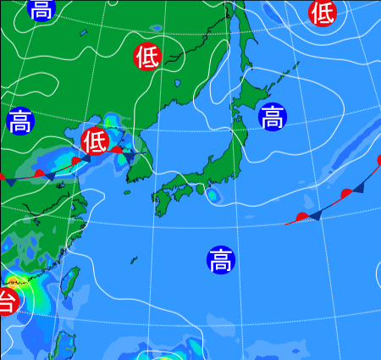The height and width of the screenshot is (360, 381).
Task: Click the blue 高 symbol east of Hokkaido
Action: coord(272,117)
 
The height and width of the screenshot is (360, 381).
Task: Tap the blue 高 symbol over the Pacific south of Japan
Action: coord(220,259)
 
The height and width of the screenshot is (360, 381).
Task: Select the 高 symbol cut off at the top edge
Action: coord(40,8)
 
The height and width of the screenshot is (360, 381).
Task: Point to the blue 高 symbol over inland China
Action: coord(20,121)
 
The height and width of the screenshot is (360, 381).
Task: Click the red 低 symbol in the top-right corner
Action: coord(323,12)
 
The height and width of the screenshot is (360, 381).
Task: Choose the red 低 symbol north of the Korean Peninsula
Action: coord(147,57)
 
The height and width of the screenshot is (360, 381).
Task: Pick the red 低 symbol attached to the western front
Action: coord(95,139)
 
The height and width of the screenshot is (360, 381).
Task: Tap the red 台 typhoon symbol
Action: coord(5,300)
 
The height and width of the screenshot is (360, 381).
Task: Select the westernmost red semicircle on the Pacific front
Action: coord(302,218)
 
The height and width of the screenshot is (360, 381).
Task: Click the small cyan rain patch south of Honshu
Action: coord(213,196)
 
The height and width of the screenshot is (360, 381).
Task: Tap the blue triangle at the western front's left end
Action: coord(11,181)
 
